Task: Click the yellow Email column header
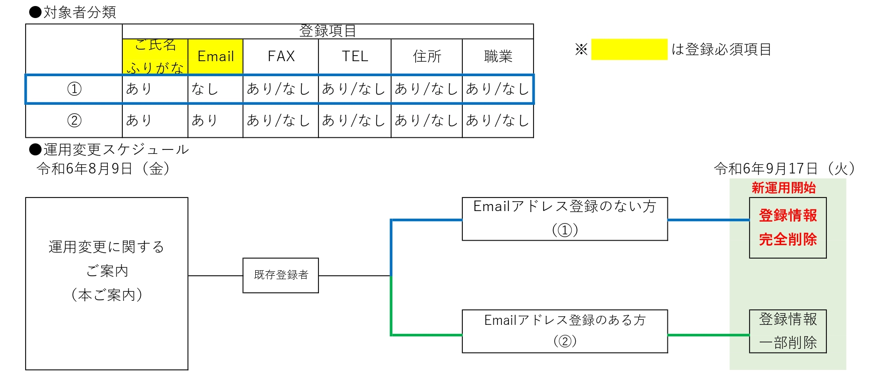(216, 56)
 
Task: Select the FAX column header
(281, 56)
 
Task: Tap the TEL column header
(355, 56)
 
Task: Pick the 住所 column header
(427, 56)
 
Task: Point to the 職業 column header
(498, 56)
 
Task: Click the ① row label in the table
(74, 89)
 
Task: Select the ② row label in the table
(74, 120)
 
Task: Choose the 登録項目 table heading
(327, 31)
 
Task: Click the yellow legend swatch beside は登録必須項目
(629, 49)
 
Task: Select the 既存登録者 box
(281, 275)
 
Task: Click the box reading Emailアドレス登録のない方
(565, 219)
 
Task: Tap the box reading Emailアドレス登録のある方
(565, 331)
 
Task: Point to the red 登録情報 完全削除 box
(788, 228)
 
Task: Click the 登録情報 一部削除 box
(788, 331)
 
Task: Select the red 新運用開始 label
(783, 188)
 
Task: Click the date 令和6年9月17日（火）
(784, 169)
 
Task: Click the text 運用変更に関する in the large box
(106, 247)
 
